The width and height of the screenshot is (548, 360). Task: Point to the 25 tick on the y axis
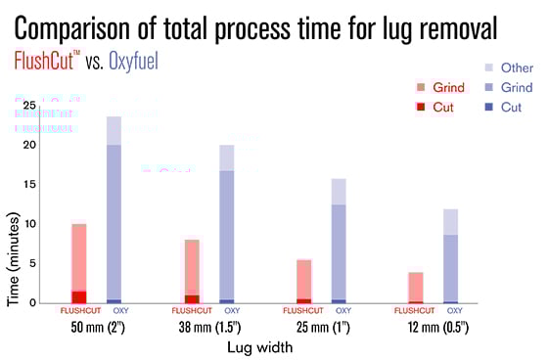31,105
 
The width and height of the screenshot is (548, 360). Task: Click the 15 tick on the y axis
31,184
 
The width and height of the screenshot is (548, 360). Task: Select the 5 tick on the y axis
34,263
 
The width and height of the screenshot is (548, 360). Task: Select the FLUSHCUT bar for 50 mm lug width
79,263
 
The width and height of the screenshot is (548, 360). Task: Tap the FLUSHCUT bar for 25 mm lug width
304,281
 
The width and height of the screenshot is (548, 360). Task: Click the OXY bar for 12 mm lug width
450,255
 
